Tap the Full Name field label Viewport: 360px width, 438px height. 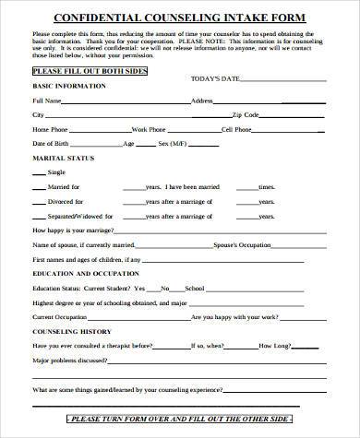47,100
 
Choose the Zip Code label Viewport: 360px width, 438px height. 246,115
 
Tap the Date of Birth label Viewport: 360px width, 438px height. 51,145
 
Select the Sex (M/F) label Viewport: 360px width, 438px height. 172,145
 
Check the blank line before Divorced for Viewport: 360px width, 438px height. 39,200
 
